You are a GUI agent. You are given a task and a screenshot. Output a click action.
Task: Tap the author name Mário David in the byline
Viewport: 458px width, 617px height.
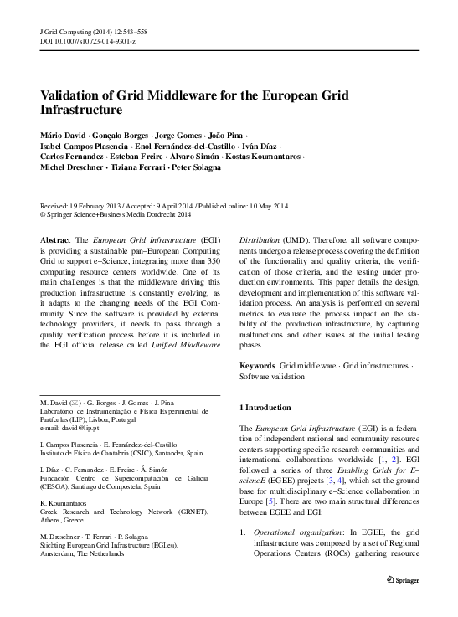63,135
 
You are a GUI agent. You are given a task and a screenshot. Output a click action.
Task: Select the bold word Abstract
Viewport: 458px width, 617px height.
55,240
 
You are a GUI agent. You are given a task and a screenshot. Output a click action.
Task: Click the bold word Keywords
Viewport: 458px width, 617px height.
257,367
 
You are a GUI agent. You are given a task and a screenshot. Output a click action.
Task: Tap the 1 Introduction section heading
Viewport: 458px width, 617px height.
265,407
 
